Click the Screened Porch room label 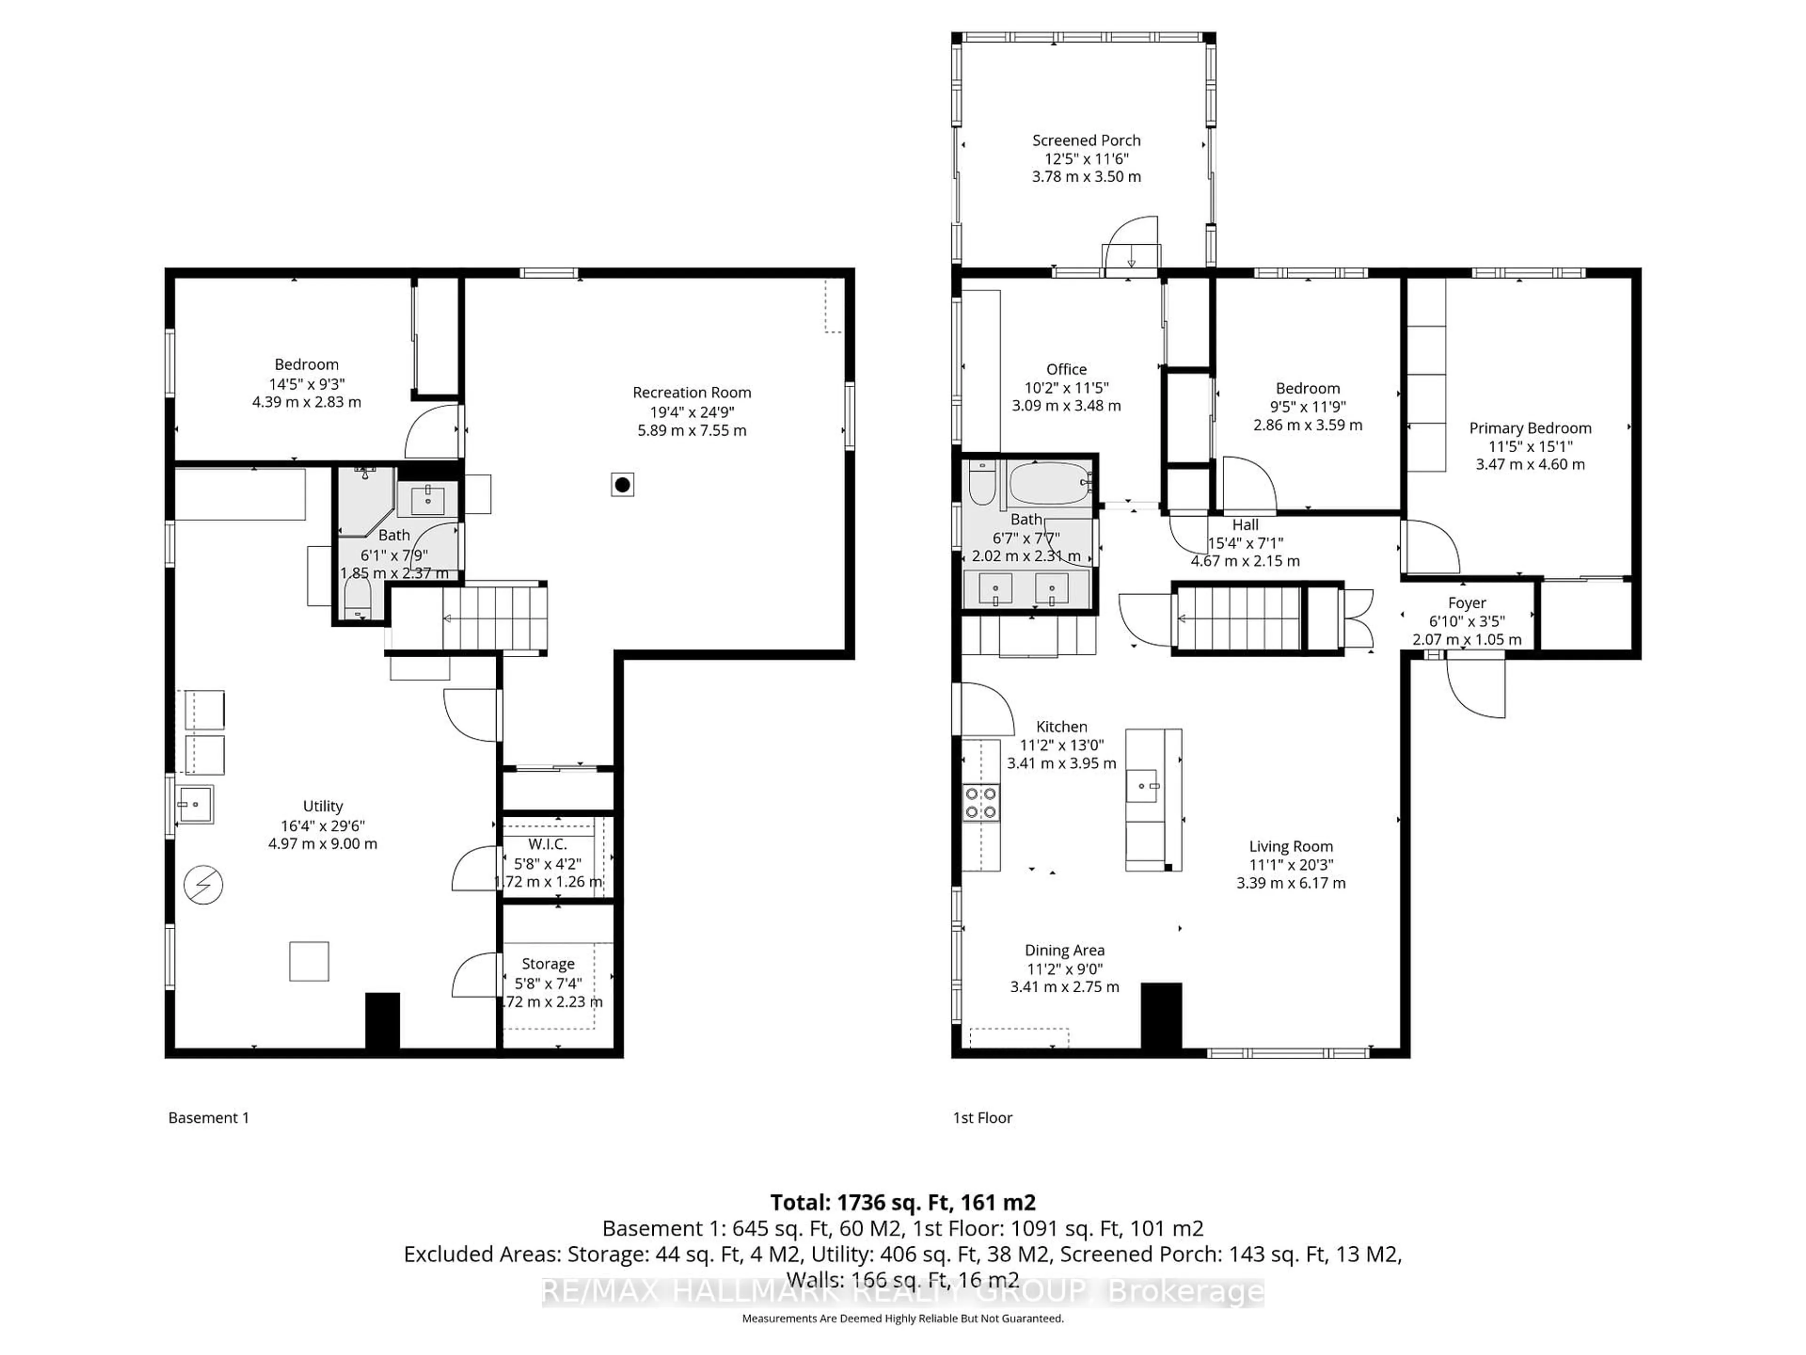pos(1086,141)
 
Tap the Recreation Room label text pos(691,393)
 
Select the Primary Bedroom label pos(1530,428)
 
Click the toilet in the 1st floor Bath pos(982,484)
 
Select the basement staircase pos(493,619)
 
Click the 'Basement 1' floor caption pos(208,1117)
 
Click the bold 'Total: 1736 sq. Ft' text pos(902,1202)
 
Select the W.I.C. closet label pos(547,844)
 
